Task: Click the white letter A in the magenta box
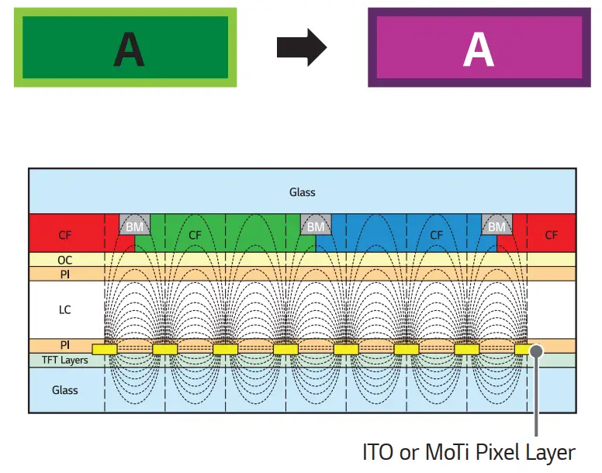479,49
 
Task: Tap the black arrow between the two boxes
301,49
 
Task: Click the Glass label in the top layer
303,192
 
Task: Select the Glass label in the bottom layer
65,390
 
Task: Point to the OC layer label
65,261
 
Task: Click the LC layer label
65,309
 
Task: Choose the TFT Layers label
65,361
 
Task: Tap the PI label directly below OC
65,274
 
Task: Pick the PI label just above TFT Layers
65,345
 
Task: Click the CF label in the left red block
65,234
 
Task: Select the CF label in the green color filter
195,234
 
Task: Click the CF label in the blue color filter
436,234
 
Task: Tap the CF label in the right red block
551,234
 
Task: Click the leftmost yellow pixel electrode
104,350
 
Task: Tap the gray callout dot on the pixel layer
536,350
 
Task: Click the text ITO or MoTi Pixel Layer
469,452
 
